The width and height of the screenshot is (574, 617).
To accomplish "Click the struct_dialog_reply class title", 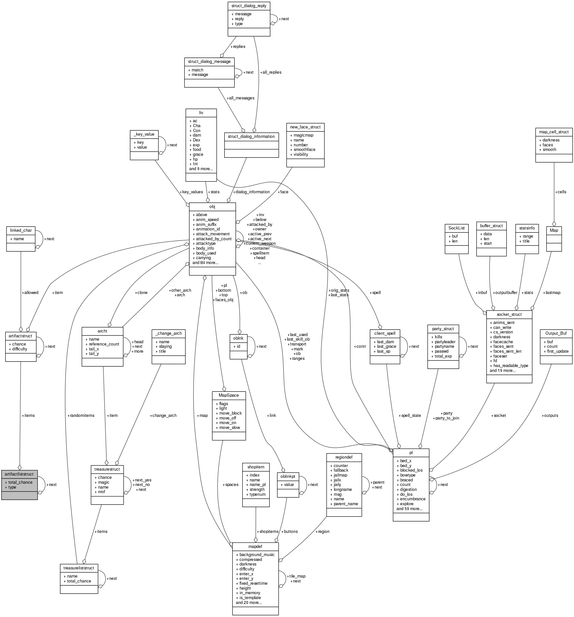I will coord(249,6).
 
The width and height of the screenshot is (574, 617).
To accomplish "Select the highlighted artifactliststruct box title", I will coord(19,474).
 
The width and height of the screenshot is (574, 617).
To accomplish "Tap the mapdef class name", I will coord(255,546).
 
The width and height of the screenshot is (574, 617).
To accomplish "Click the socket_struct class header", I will coord(509,314).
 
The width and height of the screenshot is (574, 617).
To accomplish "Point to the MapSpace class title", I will coord(229,395).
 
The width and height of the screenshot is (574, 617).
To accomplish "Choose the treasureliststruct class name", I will coord(79,568).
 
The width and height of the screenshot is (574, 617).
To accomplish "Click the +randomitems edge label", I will coord(81,415).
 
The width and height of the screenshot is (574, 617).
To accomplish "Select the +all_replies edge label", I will coord(271,72).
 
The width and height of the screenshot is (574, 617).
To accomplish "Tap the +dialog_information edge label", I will coord(251,192).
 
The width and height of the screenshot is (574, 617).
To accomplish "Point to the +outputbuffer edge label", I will coord(505,292).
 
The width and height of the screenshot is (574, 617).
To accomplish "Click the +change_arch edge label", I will coord(163,415).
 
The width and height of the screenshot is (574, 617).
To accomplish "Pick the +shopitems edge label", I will coord(268,531).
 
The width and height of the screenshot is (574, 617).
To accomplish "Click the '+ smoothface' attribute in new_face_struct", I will coord(302,150).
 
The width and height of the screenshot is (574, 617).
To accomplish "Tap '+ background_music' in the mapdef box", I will coord(255,554).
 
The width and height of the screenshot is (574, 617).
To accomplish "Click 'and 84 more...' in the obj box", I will coord(205,262).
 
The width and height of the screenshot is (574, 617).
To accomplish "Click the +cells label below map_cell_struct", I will coord(561,192).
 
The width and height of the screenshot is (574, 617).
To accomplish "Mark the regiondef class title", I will coord(344,457).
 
